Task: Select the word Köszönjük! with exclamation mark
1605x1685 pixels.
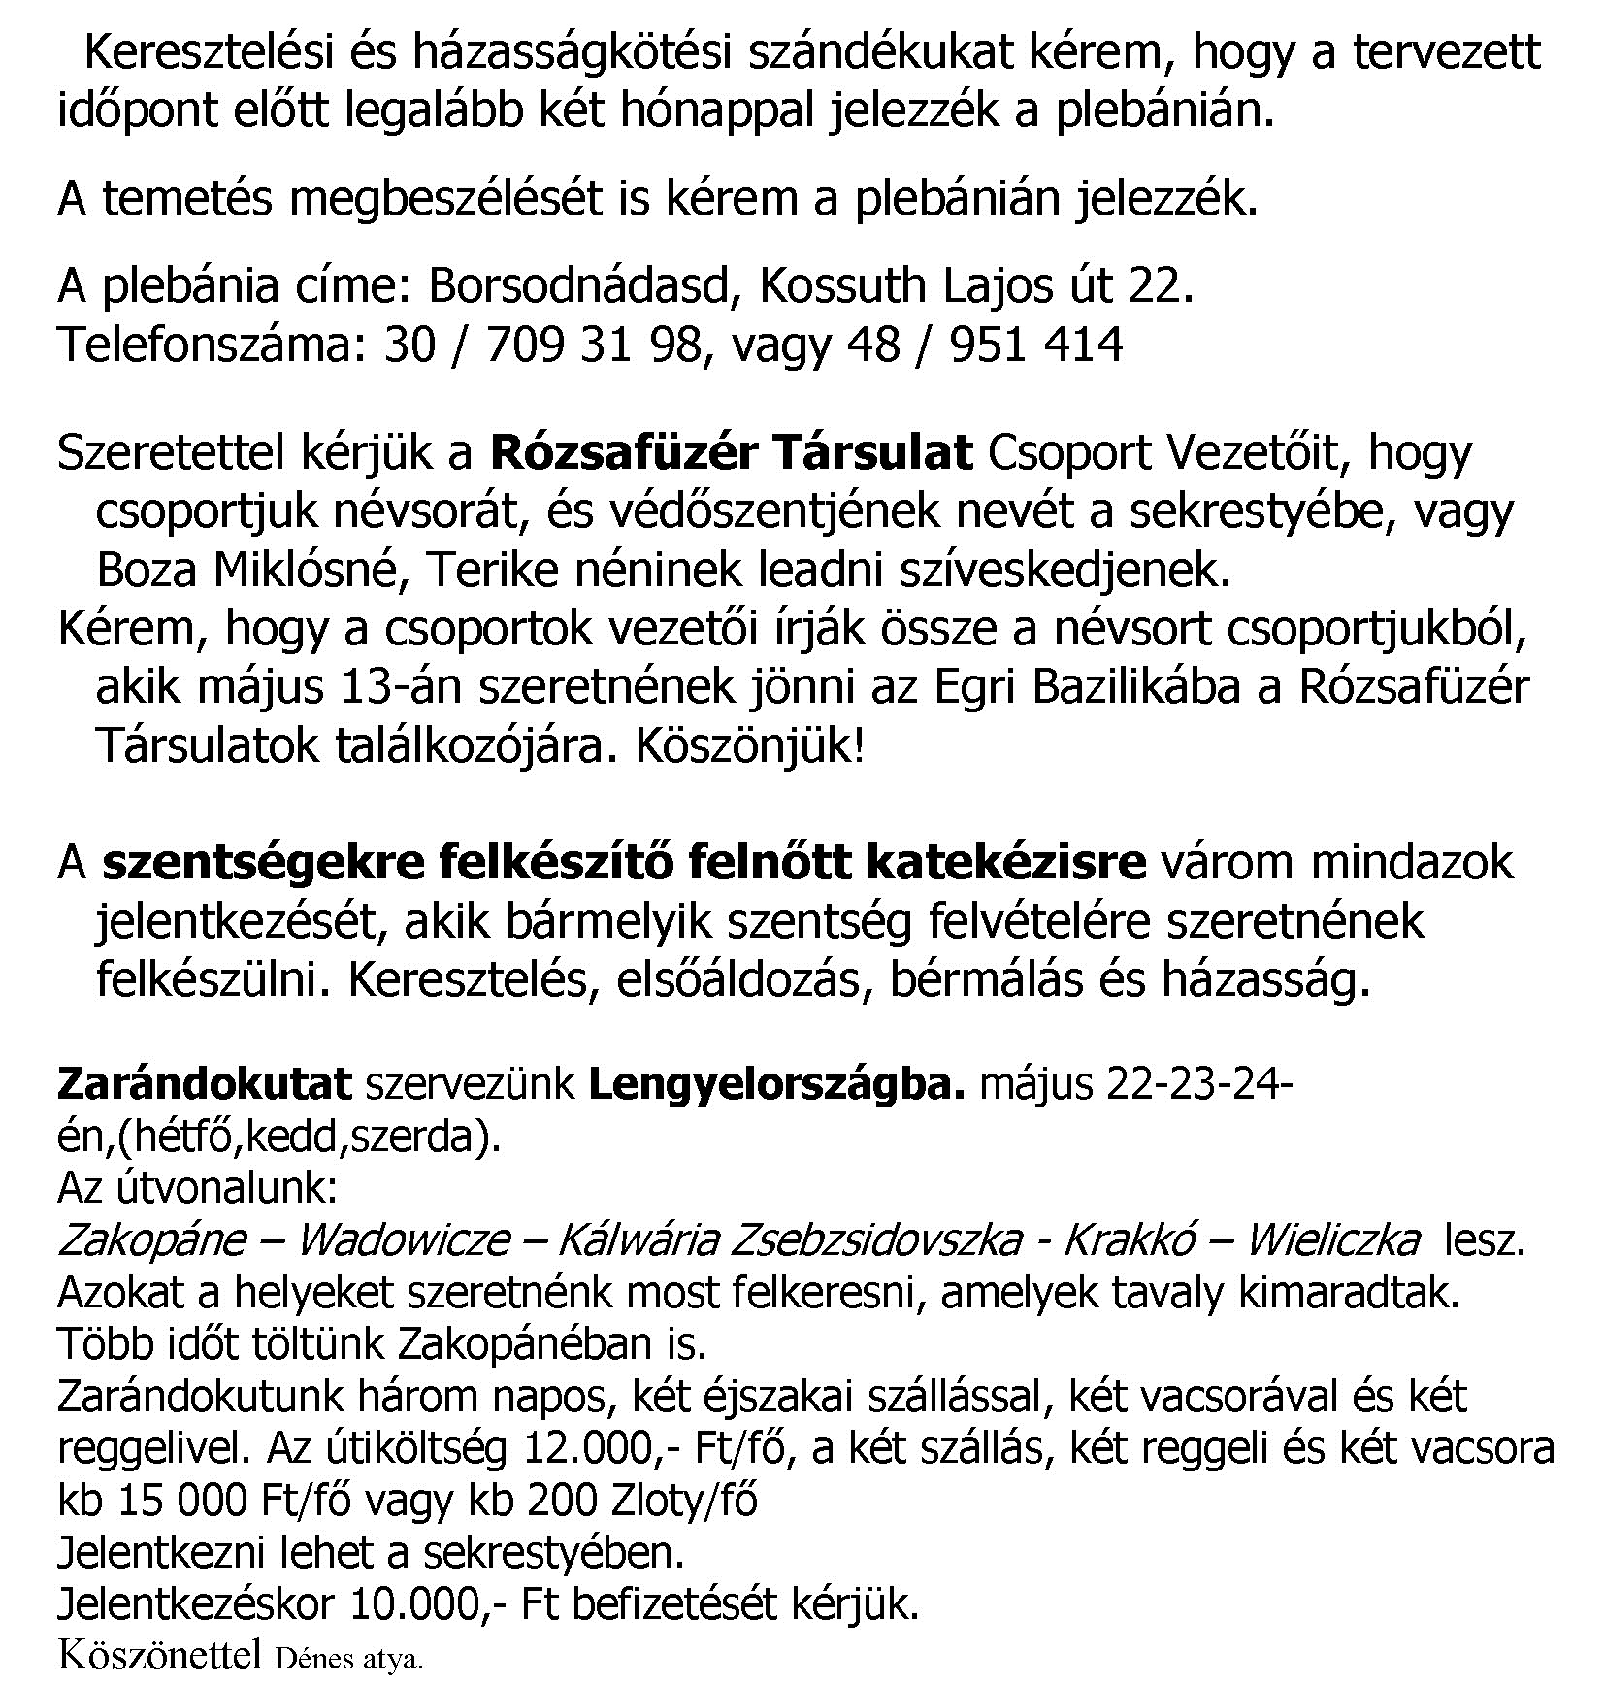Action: pos(748,746)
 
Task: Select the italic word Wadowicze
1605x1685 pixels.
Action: pos(403,1239)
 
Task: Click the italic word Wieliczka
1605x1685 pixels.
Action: pos(1332,1239)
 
